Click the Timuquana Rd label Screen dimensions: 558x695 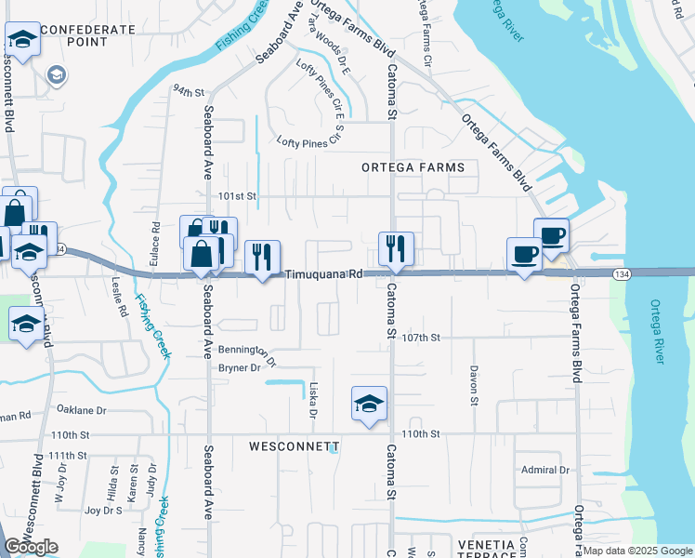click(323, 274)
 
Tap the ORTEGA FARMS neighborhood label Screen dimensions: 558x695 click(413, 166)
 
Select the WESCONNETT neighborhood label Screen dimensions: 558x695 click(288, 446)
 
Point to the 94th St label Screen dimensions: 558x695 click(187, 91)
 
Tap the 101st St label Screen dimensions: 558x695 click(237, 196)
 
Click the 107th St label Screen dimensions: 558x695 click(422, 338)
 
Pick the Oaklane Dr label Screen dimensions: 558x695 click(82, 409)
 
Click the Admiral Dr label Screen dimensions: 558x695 click(544, 471)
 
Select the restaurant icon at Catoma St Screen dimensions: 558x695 click(396, 248)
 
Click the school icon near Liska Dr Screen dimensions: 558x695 click(369, 404)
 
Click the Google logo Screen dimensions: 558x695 click(31, 547)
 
